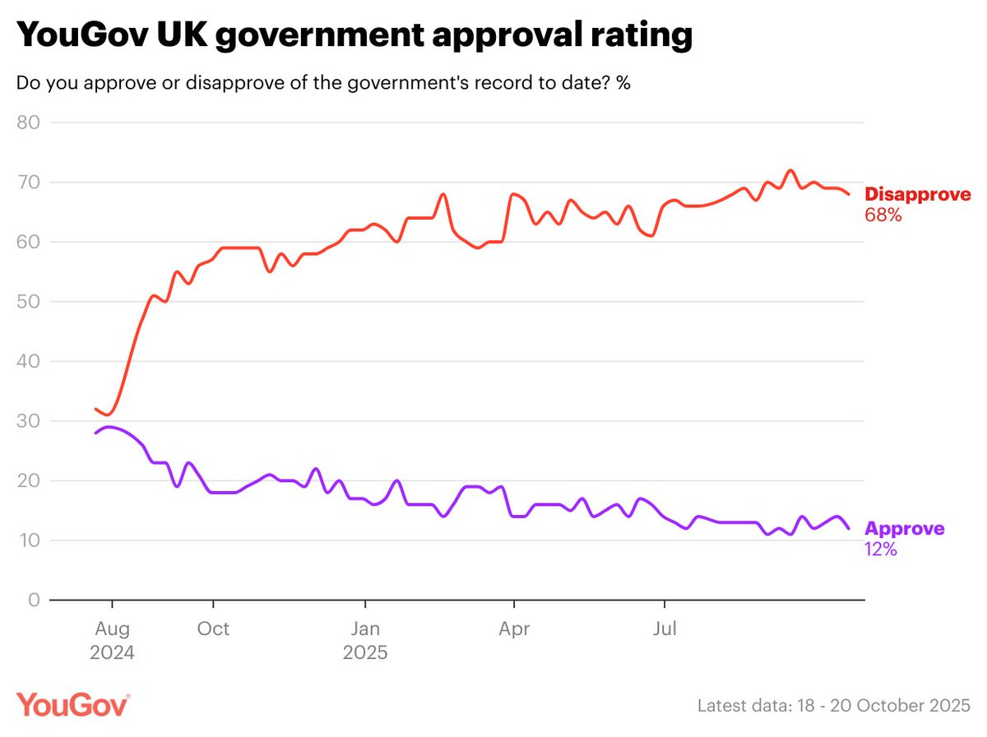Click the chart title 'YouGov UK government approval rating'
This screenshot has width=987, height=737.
(x=354, y=37)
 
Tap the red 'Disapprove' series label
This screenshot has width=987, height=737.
(x=917, y=195)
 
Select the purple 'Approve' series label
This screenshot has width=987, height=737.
(x=904, y=529)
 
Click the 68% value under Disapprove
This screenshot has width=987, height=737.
(x=883, y=216)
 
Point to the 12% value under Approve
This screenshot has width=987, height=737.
(x=880, y=549)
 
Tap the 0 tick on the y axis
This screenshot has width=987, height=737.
(x=34, y=600)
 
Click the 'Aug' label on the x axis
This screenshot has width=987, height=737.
(x=112, y=630)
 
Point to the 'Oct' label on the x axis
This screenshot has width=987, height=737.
(x=214, y=630)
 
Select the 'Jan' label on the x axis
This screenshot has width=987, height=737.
(x=364, y=630)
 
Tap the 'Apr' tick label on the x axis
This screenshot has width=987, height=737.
(x=514, y=630)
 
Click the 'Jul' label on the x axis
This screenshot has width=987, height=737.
(x=664, y=630)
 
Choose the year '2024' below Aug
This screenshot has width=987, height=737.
(x=112, y=655)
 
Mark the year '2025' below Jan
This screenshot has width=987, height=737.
(x=364, y=655)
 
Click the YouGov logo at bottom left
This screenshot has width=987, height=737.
(x=72, y=706)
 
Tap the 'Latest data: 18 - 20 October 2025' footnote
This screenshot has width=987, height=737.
(x=834, y=706)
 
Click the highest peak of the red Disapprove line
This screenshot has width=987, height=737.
(x=790, y=170)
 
